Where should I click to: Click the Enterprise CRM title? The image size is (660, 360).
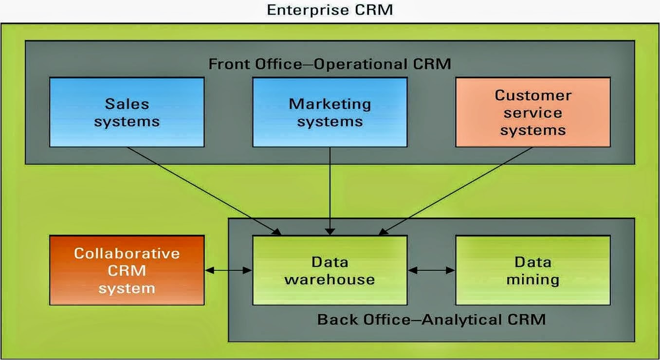[x=330, y=10]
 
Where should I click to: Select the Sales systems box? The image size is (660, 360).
[x=127, y=112]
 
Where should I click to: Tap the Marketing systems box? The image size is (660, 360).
[x=330, y=112]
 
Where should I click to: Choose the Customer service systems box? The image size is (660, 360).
[x=533, y=112]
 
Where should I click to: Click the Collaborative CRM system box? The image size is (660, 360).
[x=127, y=270]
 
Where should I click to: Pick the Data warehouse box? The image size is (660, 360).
[x=330, y=270]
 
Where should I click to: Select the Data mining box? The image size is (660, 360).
[x=533, y=270]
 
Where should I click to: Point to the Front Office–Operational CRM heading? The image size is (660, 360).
[x=330, y=64]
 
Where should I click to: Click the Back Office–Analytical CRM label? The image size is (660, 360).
[x=431, y=320]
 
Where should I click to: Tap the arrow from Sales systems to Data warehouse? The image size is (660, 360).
[x=204, y=191]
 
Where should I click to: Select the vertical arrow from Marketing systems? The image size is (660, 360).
[x=330, y=191]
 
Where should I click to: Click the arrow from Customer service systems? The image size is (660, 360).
[x=455, y=191]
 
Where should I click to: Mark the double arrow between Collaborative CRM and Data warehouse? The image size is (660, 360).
[x=228, y=270]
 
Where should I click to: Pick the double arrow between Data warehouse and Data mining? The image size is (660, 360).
[x=431, y=270]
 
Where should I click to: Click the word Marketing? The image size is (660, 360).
[x=330, y=104]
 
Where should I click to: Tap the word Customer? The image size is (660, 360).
[x=533, y=95]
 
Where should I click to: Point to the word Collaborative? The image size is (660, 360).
[x=127, y=253]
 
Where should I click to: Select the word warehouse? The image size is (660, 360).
[x=330, y=279]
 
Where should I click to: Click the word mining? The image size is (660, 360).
[x=533, y=280]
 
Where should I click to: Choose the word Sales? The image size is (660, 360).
[x=127, y=104]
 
